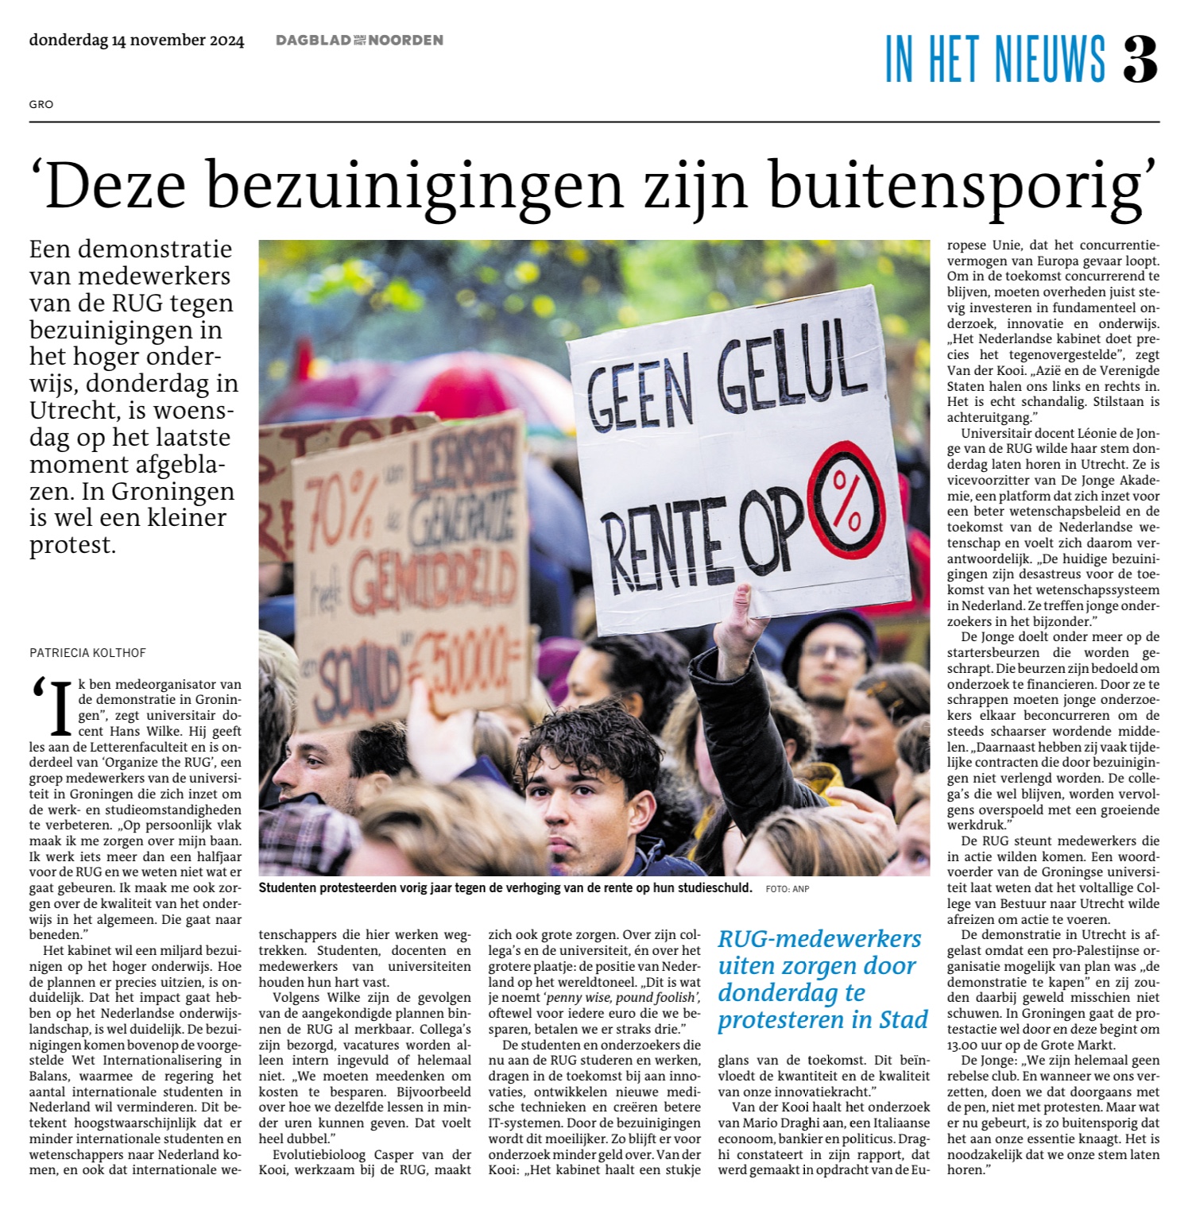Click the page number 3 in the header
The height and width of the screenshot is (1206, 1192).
pyautogui.click(x=1140, y=60)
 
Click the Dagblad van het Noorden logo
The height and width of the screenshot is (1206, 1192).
pyautogui.click(x=359, y=41)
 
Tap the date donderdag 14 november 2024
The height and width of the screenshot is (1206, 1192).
pyautogui.click(x=137, y=41)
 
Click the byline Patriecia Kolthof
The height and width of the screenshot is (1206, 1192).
pyautogui.click(x=87, y=653)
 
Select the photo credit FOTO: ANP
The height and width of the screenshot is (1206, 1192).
pyautogui.click(x=788, y=889)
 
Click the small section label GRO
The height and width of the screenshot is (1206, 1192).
pyautogui.click(x=41, y=104)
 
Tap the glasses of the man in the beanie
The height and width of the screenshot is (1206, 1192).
pyautogui.click(x=832, y=654)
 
